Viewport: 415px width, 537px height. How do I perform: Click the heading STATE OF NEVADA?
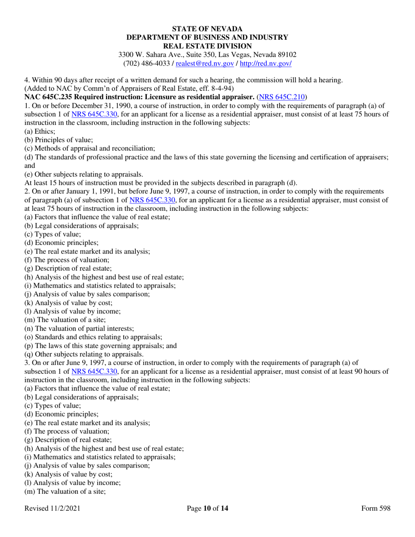tap(207, 29)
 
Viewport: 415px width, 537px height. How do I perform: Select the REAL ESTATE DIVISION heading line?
tap(207, 46)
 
